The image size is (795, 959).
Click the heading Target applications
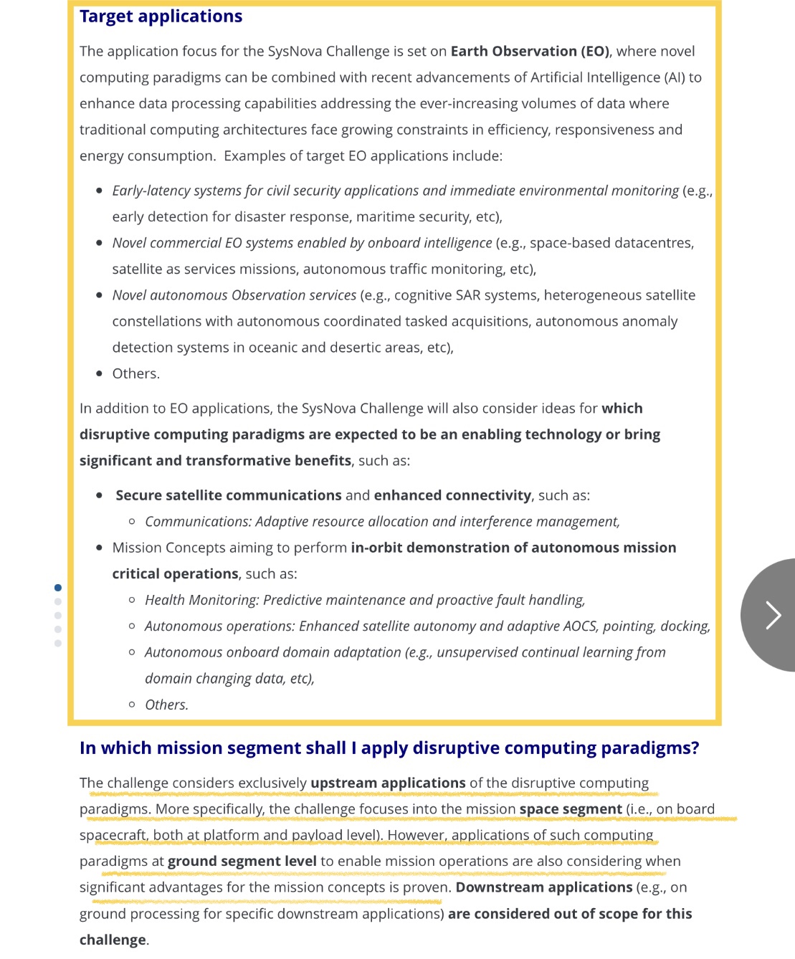[x=161, y=16]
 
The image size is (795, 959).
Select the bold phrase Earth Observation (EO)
[x=530, y=52]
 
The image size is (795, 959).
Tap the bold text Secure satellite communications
[x=228, y=495]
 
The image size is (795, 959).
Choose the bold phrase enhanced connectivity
[x=452, y=495]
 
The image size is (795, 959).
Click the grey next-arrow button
[x=771, y=615]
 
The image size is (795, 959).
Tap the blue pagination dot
[x=58, y=588]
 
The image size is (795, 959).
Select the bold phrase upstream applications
[x=388, y=783]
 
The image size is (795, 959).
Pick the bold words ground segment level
[x=242, y=862]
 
